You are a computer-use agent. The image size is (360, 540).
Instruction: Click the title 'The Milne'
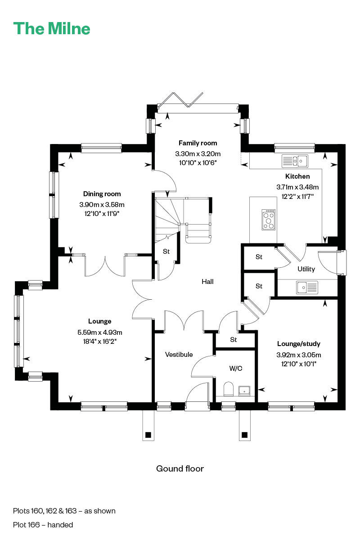coord(52,28)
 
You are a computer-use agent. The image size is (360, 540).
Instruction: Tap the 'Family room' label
coord(198,143)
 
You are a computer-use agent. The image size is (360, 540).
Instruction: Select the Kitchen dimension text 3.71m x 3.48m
coord(297,187)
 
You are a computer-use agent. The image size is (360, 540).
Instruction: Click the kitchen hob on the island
coord(268,220)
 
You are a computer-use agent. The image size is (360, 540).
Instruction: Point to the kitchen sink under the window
coord(295,161)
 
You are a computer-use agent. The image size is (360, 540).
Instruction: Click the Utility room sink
coord(307,288)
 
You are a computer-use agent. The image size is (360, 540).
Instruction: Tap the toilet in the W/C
coord(228,389)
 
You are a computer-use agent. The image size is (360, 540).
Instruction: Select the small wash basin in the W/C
coord(244,391)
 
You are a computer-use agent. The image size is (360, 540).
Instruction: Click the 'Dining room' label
coord(102,194)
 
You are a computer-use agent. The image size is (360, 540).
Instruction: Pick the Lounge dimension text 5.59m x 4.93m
coord(99,332)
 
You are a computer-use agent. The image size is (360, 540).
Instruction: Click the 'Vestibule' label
coord(179,355)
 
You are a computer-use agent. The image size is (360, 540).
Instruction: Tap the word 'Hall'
coord(207,281)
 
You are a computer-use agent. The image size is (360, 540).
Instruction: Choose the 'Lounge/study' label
coord(299,344)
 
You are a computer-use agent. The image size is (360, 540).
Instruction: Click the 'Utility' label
coord(306,269)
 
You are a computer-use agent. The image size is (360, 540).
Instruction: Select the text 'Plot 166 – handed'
coord(43,525)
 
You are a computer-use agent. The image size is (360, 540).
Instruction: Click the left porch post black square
coord(148,435)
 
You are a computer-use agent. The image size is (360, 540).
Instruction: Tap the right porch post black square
coord(244,435)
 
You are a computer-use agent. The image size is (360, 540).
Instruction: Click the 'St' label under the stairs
coord(166,252)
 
